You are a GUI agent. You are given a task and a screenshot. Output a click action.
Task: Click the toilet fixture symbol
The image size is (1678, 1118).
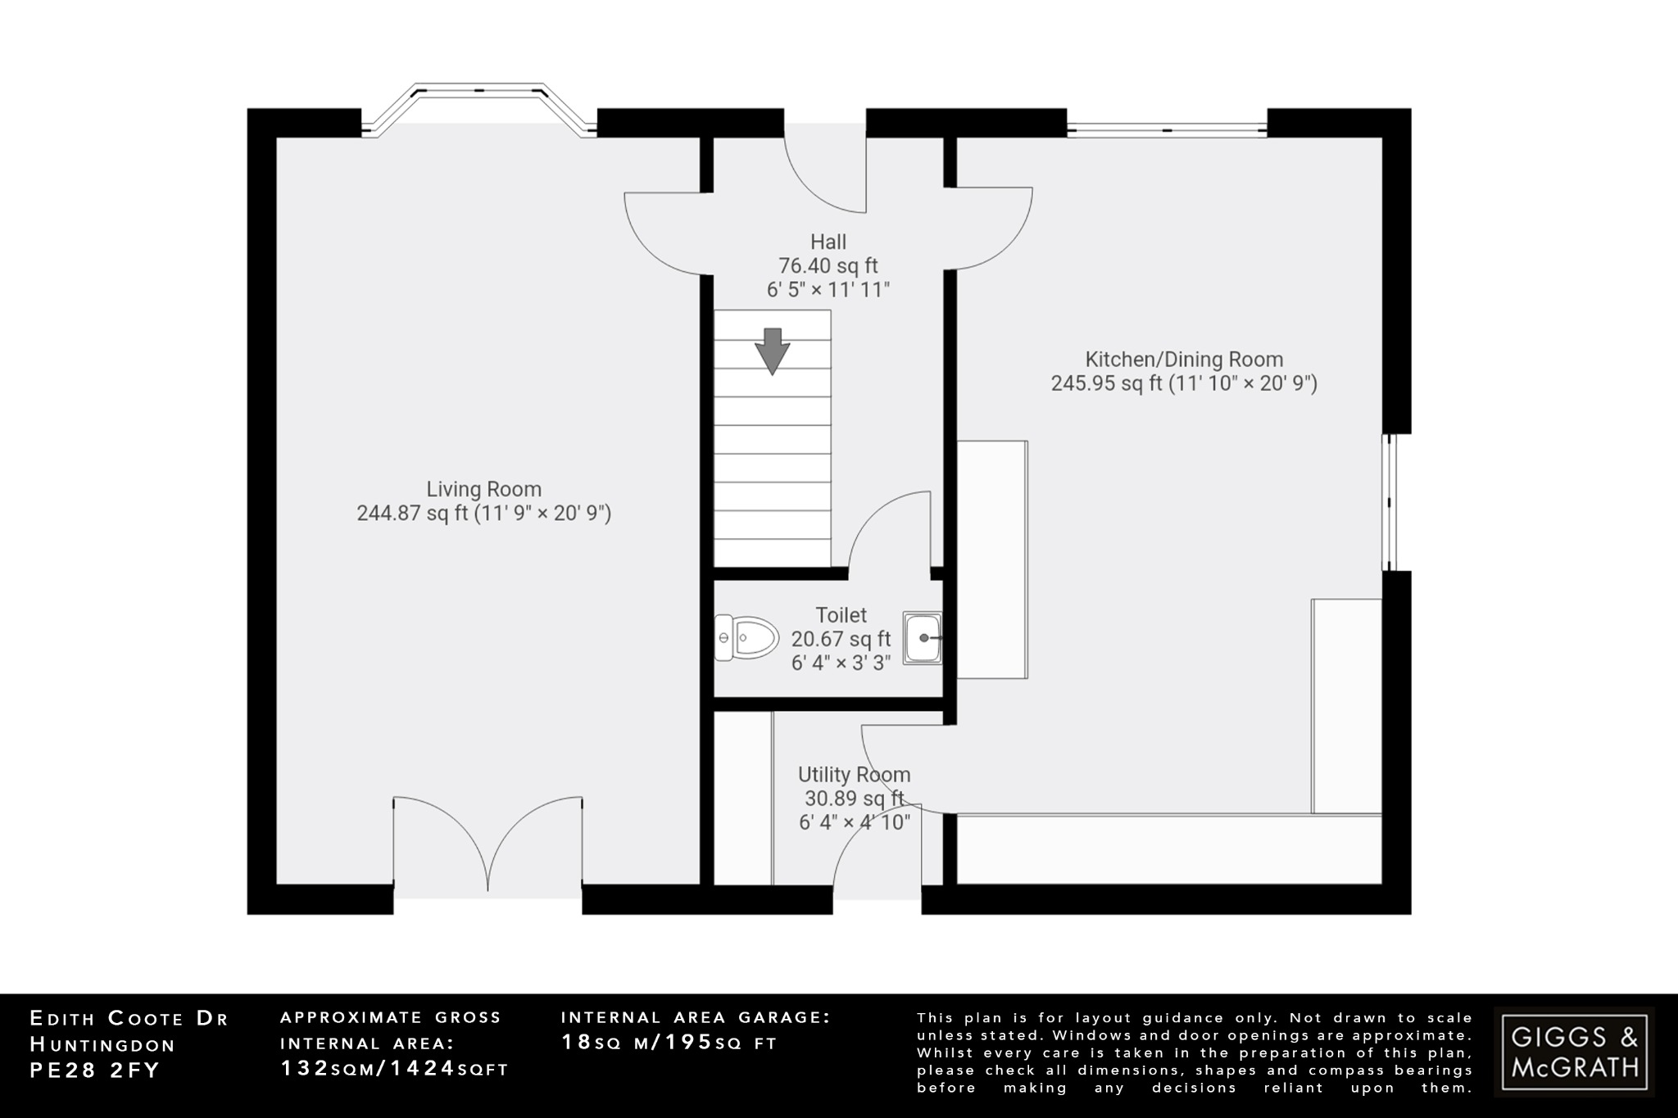click(746, 637)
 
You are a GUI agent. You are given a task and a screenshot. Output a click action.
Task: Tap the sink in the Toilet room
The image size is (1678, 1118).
click(923, 637)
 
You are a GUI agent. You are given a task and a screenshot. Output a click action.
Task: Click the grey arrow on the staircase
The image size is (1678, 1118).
click(772, 351)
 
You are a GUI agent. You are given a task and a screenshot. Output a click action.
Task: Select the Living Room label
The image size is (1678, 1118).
click(483, 489)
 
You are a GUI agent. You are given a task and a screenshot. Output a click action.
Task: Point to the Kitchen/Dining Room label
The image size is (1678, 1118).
click(1184, 359)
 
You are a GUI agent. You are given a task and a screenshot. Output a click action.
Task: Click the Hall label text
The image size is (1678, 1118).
click(828, 242)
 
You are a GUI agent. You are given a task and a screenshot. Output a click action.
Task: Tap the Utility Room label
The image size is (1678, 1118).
click(854, 774)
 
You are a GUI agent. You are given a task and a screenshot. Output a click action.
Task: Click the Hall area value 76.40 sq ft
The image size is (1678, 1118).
click(828, 265)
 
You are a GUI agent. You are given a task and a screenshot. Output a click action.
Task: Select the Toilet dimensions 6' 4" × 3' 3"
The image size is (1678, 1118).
click(841, 663)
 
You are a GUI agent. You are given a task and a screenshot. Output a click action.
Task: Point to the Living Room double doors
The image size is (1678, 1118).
click(488, 844)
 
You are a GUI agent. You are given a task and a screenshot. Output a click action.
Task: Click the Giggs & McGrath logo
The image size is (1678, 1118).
click(1574, 1052)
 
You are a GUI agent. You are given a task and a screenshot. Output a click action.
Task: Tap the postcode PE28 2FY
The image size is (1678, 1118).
click(94, 1070)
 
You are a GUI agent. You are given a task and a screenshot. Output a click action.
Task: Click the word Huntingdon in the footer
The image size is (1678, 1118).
click(102, 1044)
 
